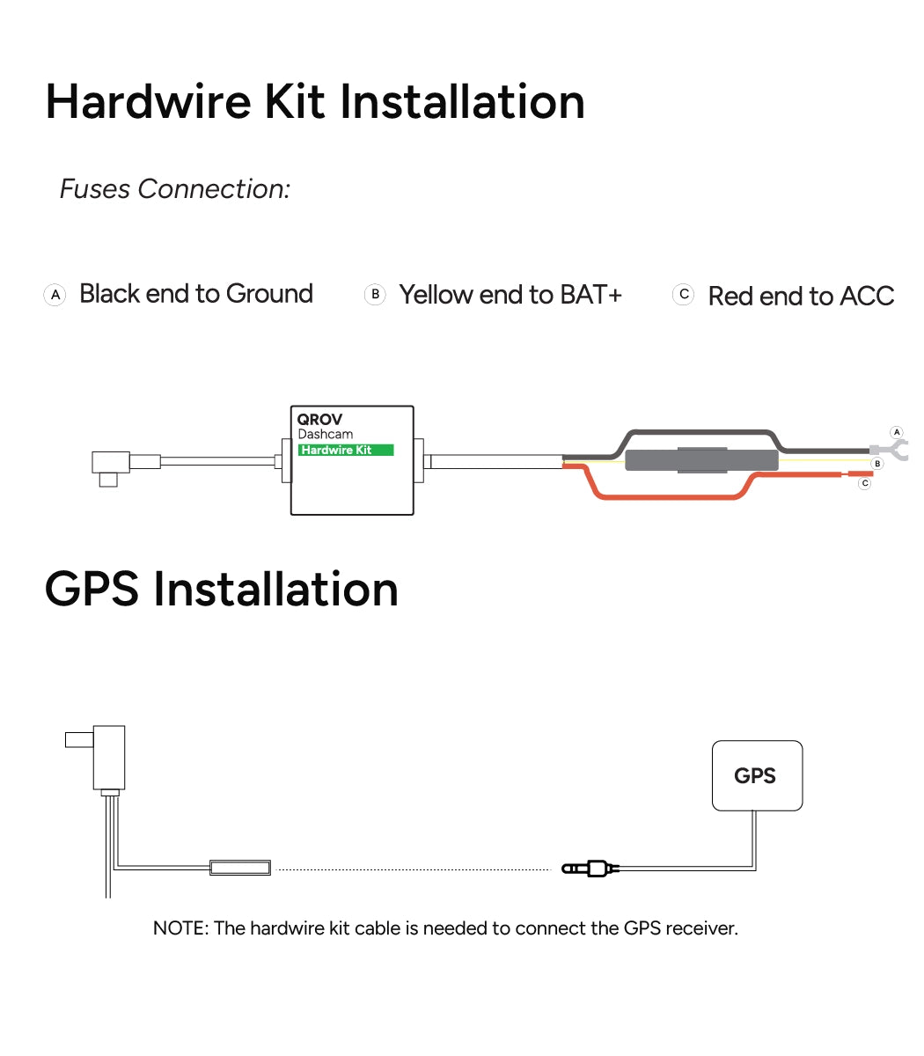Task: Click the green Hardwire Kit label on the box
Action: coord(346,450)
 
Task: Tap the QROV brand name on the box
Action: coord(319,420)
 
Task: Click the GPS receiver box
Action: coord(756,775)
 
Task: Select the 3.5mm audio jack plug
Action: coord(590,869)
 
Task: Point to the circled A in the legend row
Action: coord(55,295)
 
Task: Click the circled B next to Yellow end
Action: coord(375,295)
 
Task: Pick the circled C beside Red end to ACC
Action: coord(683,295)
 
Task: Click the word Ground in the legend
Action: coord(269,294)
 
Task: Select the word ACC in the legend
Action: coord(866,297)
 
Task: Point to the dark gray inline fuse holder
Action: coord(701,459)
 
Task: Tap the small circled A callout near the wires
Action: coord(897,432)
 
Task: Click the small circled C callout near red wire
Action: coord(865,483)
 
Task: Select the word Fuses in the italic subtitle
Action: coord(95,189)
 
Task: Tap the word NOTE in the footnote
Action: coord(179,928)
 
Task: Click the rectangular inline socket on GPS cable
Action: coord(240,869)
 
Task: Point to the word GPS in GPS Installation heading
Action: coord(92,589)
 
